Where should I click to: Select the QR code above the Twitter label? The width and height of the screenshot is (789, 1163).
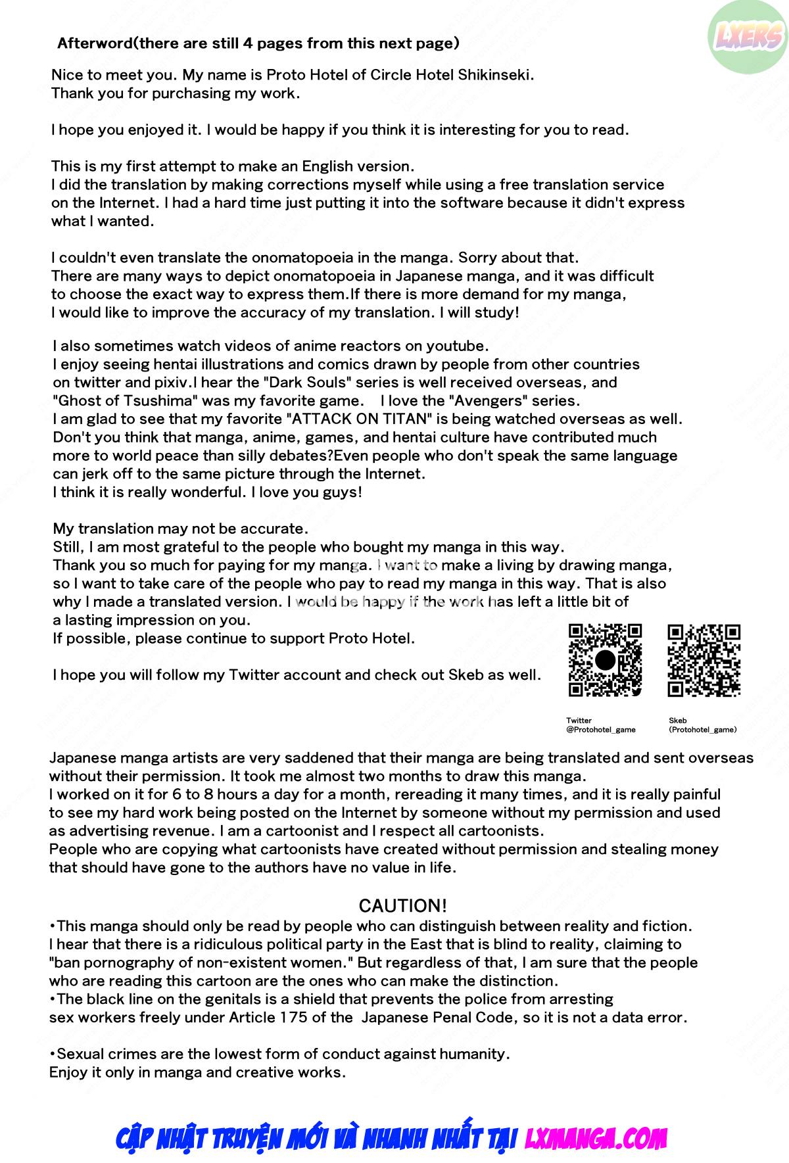pyautogui.click(x=605, y=659)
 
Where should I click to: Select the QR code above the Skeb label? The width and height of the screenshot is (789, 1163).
pyautogui.click(x=704, y=659)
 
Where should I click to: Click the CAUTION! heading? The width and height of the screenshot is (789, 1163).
pyautogui.click(x=402, y=905)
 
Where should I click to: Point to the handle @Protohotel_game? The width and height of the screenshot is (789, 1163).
pyautogui.click(x=601, y=729)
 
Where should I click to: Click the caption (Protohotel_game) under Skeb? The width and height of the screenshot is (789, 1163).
pyautogui.click(x=703, y=729)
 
